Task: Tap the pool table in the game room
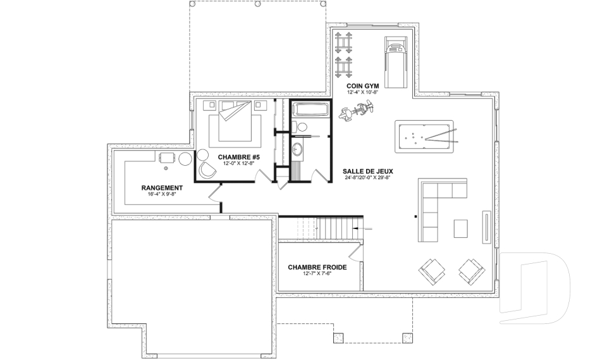click(x=424, y=135)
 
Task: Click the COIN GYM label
click(x=363, y=85)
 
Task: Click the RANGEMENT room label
click(x=162, y=188)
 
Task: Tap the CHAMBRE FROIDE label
click(x=317, y=268)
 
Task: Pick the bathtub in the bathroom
click(x=310, y=109)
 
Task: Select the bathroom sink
click(x=298, y=150)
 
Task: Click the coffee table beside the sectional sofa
click(x=461, y=228)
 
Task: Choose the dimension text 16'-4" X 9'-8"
click(x=162, y=195)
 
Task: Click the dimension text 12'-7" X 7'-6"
click(x=317, y=275)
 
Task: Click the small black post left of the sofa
click(x=415, y=217)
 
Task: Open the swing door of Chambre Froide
click(x=355, y=252)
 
